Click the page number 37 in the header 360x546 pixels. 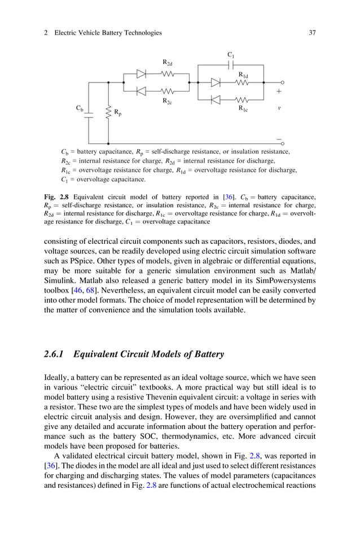311,33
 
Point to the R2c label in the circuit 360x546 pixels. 168,101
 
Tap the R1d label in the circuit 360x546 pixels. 243,75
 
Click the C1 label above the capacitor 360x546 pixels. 231,55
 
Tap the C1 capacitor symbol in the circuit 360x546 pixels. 231,65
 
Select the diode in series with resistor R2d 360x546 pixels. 142,73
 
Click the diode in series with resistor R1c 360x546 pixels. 216,100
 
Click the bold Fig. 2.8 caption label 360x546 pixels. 54,197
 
